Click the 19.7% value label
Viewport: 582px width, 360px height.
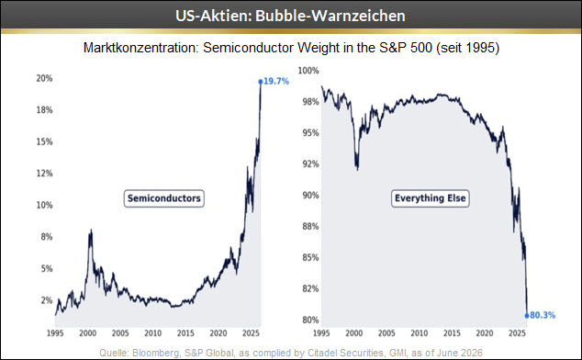click(276, 81)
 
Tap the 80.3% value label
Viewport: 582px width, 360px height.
click(543, 315)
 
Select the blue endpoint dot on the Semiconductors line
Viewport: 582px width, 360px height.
click(261, 82)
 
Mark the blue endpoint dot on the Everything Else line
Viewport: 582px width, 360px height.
click(527, 316)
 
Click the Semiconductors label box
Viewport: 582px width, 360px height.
click(164, 198)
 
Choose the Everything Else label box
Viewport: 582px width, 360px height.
click(431, 198)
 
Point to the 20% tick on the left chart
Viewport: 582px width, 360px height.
click(44, 78)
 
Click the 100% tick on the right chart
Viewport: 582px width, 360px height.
click(308, 71)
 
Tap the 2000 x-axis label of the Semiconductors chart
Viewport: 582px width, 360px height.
click(87, 333)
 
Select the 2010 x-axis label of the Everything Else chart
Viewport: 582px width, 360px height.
click(419, 333)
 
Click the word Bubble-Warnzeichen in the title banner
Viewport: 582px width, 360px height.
click(330, 16)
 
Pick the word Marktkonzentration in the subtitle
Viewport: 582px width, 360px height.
click(141, 48)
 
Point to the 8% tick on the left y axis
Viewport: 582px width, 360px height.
click(47, 237)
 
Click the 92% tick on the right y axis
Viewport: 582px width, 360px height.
click(310, 164)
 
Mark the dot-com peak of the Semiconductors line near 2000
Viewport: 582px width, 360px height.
click(91, 231)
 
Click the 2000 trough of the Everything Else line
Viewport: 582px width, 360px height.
click(357, 169)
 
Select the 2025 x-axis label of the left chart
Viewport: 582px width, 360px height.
click(251, 333)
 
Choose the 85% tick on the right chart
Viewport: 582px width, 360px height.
click(310, 257)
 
